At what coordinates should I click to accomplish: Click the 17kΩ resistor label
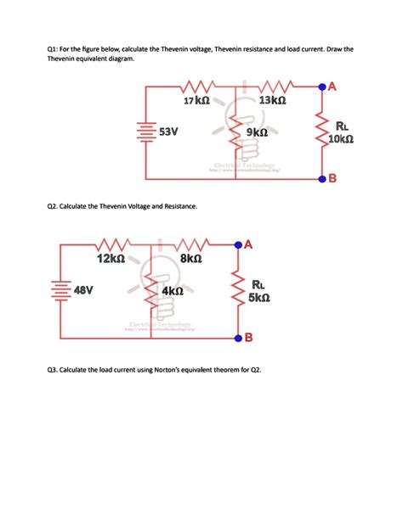(x=196, y=101)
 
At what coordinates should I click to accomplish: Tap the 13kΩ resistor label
(x=272, y=101)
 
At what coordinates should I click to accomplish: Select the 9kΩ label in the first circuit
(x=257, y=133)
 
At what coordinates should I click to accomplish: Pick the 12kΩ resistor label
(x=111, y=258)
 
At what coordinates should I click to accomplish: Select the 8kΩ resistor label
(x=190, y=258)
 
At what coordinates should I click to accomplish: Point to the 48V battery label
(x=83, y=289)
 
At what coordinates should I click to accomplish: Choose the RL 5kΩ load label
(x=260, y=291)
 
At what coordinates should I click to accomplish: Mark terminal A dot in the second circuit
(x=237, y=244)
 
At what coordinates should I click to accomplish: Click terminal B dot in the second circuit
(x=237, y=337)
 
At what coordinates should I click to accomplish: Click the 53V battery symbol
(x=146, y=132)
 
